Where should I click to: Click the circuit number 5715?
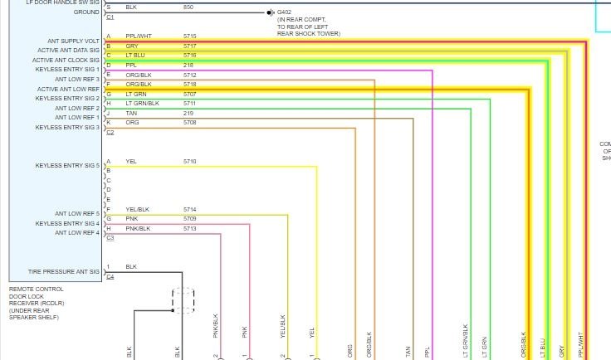pyautogui.click(x=190, y=36)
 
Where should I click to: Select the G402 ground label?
pyautogui.click(x=285, y=12)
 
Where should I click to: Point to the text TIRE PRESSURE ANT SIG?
pyautogui.click(x=64, y=271)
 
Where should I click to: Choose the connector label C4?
pyautogui.click(x=110, y=276)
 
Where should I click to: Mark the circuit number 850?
pyautogui.click(x=188, y=7)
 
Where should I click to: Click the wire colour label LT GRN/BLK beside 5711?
pyautogui.click(x=142, y=104)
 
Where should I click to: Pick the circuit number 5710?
pyautogui.click(x=190, y=161)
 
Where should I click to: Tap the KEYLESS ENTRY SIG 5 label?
pyautogui.click(x=67, y=166)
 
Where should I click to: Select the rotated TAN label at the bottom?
pyautogui.click(x=408, y=352)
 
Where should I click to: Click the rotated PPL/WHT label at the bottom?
pyautogui.click(x=582, y=345)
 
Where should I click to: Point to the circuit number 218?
pyautogui.click(x=188, y=65)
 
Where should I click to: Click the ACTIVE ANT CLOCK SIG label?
pyautogui.click(x=66, y=60)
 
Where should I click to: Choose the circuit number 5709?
pyautogui.click(x=190, y=218)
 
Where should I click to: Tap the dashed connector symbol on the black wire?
pyautogui.click(x=183, y=299)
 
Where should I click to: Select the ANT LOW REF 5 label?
pyautogui.click(x=77, y=214)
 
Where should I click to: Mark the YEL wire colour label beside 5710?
pyautogui.click(x=131, y=161)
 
